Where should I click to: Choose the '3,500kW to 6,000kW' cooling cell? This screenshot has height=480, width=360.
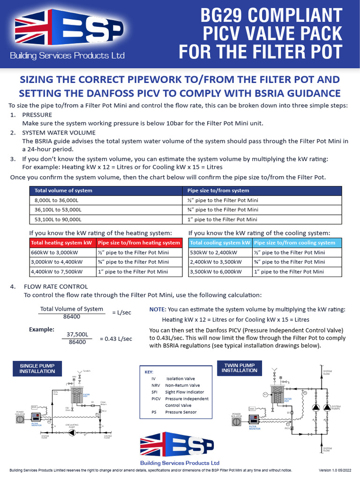click(216, 271)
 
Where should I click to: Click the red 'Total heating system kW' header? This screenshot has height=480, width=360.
click(61, 243)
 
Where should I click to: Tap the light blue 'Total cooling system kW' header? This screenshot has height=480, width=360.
click(220, 243)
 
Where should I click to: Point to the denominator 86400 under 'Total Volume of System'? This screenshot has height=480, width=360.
click(71, 317)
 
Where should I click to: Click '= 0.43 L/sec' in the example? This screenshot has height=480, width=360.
click(116, 338)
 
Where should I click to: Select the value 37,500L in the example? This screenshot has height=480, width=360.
click(77, 335)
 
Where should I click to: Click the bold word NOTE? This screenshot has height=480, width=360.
click(157, 309)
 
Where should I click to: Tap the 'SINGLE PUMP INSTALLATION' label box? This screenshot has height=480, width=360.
click(37, 368)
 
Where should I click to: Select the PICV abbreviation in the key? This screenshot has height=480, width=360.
click(156, 399)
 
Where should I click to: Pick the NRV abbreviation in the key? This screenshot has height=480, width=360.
click(156, 385)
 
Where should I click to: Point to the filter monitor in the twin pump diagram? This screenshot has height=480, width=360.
click(254, 420)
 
